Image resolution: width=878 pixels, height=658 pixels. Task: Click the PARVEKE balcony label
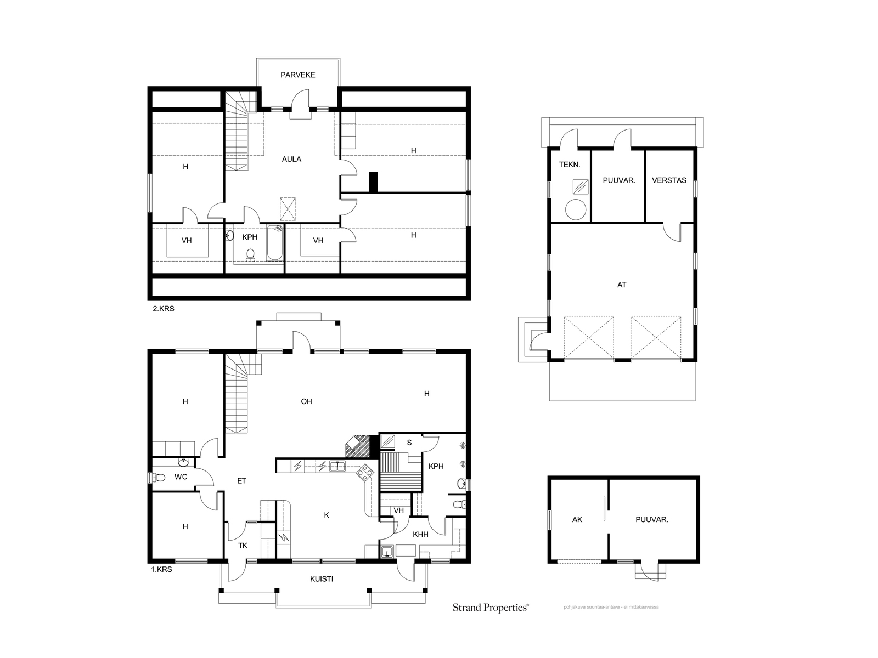click(x=297, y=75)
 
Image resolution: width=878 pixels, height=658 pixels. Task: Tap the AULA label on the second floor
click(x=291, y=160)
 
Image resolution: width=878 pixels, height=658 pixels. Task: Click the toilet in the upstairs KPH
click(x=251, y=255)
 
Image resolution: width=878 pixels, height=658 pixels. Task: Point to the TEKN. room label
click(x=570, y=164)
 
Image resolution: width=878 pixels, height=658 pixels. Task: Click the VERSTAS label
click(x=669, y=180)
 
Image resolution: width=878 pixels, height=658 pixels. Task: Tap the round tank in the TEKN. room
click(x=576, y=209)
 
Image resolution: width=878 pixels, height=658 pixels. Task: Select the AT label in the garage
click(x=622, y=285)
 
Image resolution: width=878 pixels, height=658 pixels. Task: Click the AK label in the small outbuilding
click(x=577, y=520)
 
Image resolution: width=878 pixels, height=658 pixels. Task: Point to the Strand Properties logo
click(x=491, y=608)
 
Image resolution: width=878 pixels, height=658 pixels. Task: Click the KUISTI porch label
click(x=322, y=579)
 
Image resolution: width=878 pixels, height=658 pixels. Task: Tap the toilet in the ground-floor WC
click(x=160, y=477)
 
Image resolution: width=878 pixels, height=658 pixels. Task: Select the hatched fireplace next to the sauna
click(x=358, y=446)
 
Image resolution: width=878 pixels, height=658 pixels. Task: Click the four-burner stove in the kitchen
click(x=365, y=473)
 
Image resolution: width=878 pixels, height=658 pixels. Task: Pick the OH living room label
click(x=306, y=402)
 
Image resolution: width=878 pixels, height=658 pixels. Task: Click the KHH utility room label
click(x=420, y=535)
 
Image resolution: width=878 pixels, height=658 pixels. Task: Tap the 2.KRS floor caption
click(x=164, y=309)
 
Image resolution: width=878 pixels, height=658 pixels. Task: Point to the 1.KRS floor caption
click(x=161, y=569)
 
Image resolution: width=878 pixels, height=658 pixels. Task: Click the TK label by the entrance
click(x=243, y=546)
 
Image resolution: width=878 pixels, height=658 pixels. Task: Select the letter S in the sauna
click(x=409, y=443)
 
